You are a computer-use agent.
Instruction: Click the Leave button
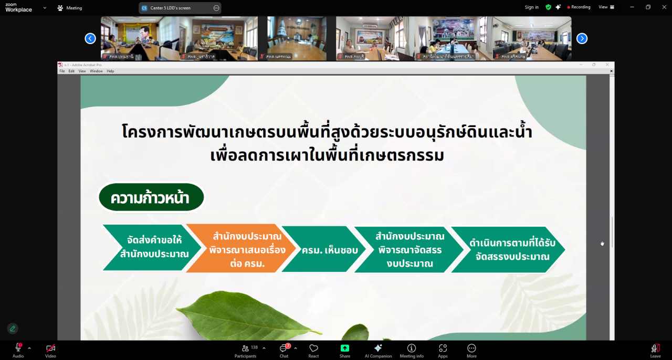(655, 350)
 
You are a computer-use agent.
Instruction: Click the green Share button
(344, 350)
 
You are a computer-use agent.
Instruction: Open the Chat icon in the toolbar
(284, 350)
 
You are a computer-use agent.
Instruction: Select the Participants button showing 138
(246, 350)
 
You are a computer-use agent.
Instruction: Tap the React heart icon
(313, 350)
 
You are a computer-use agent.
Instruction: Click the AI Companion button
(378, 350)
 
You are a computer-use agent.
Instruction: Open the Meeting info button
(412, 350)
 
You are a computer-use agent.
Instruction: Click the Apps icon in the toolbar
(443, 350)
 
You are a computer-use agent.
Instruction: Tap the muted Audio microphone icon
(18, 349)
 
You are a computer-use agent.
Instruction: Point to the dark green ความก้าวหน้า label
(151, 198)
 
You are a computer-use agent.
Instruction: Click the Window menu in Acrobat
(96, 71)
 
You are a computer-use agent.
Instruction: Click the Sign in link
(531, 7)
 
